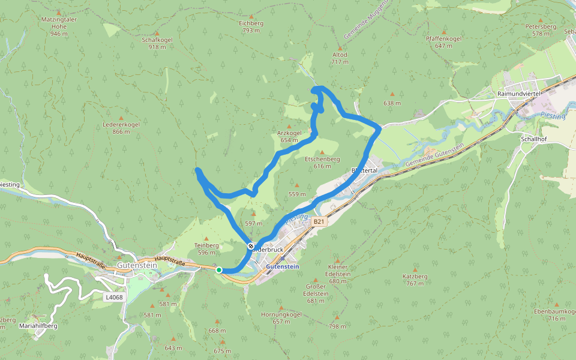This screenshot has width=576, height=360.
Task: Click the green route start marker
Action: (219, 270)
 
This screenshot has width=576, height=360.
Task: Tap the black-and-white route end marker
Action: (251, 246)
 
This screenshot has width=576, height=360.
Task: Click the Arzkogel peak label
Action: (289, 133)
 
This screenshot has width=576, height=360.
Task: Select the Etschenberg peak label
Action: (322, 159)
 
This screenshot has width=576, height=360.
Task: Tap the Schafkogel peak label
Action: (157, 40)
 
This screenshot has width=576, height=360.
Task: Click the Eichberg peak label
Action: (251, 23)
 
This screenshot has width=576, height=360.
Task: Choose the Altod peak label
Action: (340, 55)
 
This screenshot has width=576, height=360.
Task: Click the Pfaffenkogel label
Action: (443, 38)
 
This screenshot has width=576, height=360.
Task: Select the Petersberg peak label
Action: (541, 27)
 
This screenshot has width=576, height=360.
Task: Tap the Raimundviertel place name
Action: (520, 94)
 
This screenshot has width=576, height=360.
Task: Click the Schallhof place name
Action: (533, 137)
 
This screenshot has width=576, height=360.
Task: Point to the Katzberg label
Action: (415, 277)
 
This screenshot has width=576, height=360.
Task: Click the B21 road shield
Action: (319, 221)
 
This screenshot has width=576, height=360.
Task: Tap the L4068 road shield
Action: (113, 297)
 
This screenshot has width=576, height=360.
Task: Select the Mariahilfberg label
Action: (38, 325)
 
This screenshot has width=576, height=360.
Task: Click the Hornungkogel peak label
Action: (281, 314)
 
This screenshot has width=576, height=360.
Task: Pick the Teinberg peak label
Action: (207, 245)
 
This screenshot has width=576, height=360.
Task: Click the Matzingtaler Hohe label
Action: (59, 19)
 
